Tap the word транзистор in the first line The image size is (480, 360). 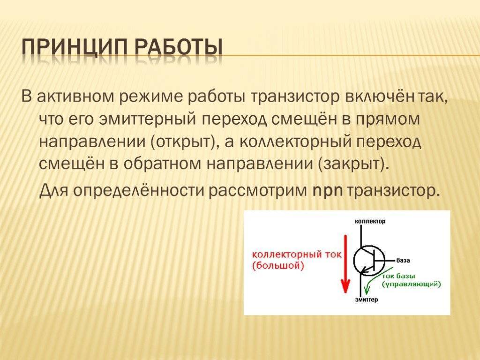[x=296, y=97]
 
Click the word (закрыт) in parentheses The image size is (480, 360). [x=354, y=165]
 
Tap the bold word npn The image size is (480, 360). [x=328, y=191]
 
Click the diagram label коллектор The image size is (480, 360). [x=370, y=221]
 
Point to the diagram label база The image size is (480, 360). [x=403, y=261]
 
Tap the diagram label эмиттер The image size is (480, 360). [x=367, y=300]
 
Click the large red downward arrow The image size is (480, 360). [x=346, y=264]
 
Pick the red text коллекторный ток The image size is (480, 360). [x=296, y=255]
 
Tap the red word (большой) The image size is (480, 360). [x=278, y=265]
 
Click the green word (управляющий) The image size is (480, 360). [x=411, y=284]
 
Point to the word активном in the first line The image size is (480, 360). [x=75, y=97]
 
